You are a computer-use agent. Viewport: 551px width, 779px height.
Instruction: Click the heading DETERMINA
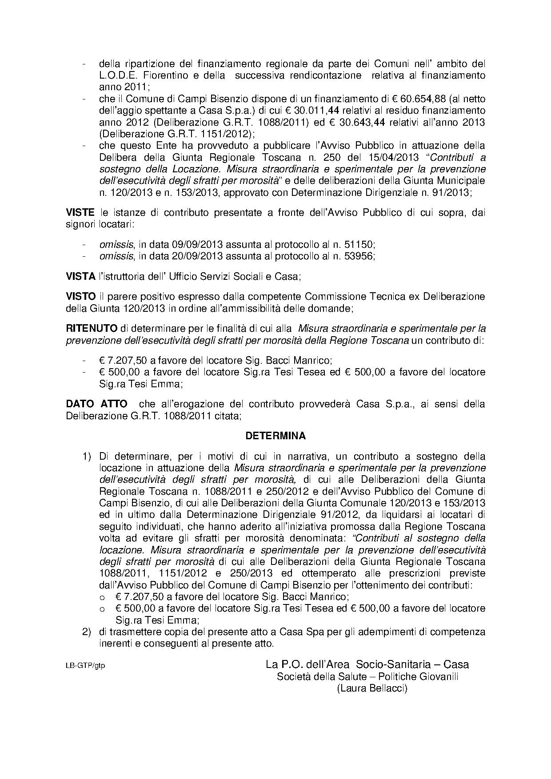tap(275, 436)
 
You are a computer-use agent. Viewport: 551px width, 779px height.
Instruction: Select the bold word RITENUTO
tap(92, 329)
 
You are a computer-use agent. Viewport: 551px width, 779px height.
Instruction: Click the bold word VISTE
tap(80, 212)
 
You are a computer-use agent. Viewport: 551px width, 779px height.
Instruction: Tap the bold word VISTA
tap(80, 276)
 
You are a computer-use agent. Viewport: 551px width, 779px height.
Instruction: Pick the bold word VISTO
tap(80, 296)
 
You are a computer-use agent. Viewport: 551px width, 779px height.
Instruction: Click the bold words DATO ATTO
tap(96, 404)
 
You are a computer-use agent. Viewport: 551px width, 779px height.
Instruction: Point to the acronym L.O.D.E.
tap(117, 76)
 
